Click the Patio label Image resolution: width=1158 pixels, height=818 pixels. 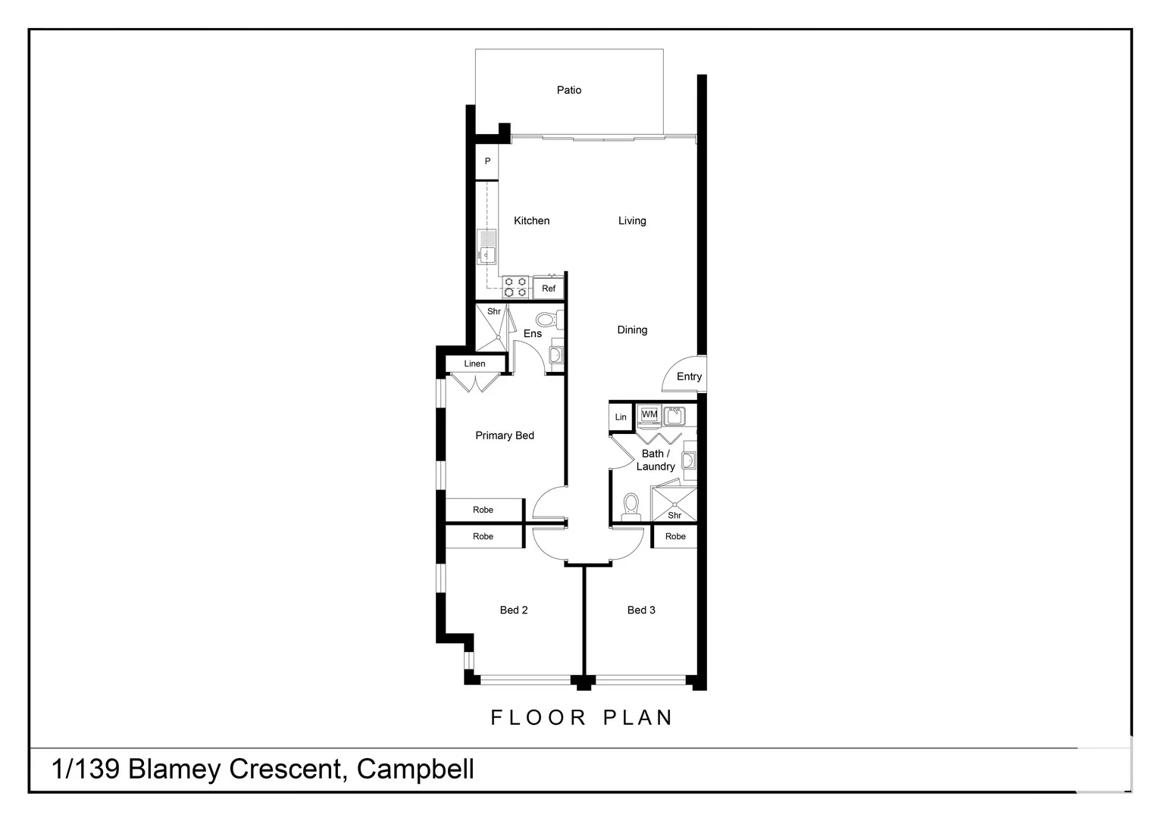pos(568,90)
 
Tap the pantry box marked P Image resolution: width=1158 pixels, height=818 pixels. pos(487,161)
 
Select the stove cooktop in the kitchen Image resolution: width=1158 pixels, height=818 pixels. pos(515,287)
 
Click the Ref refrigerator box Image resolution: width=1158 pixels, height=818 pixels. pos(549,289)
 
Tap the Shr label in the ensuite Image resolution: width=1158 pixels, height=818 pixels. pos(494,311)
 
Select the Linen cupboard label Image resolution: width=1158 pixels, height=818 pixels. pos(474,364)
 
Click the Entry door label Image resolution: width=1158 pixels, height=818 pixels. pos(689,376)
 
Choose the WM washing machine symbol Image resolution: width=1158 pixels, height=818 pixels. pos(649,414)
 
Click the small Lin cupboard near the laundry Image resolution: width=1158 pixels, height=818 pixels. pos(621,417)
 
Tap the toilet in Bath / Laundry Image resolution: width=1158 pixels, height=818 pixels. pos(631,506)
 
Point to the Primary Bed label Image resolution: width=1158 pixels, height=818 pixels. pos(504,436)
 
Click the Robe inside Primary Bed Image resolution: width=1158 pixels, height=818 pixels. pos(483,510)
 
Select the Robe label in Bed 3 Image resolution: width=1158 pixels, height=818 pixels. pos(674,536)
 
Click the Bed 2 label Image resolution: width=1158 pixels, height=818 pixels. pos(513,610)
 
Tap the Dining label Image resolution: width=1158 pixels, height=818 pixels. pos(631,330)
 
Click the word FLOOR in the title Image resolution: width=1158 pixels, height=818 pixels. pos(538,717)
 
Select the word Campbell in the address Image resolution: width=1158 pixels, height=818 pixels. pos(415,769)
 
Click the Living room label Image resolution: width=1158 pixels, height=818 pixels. pos(631,221)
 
